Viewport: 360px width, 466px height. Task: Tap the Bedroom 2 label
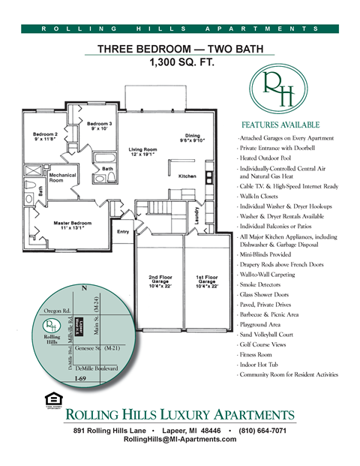[45, 137]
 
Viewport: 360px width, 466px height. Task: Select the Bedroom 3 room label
[99, 125]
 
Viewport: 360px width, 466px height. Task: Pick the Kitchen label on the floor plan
[187, 176]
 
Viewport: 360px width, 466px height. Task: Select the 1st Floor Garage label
[203, 280]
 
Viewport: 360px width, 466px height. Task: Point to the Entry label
[123, 232]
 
